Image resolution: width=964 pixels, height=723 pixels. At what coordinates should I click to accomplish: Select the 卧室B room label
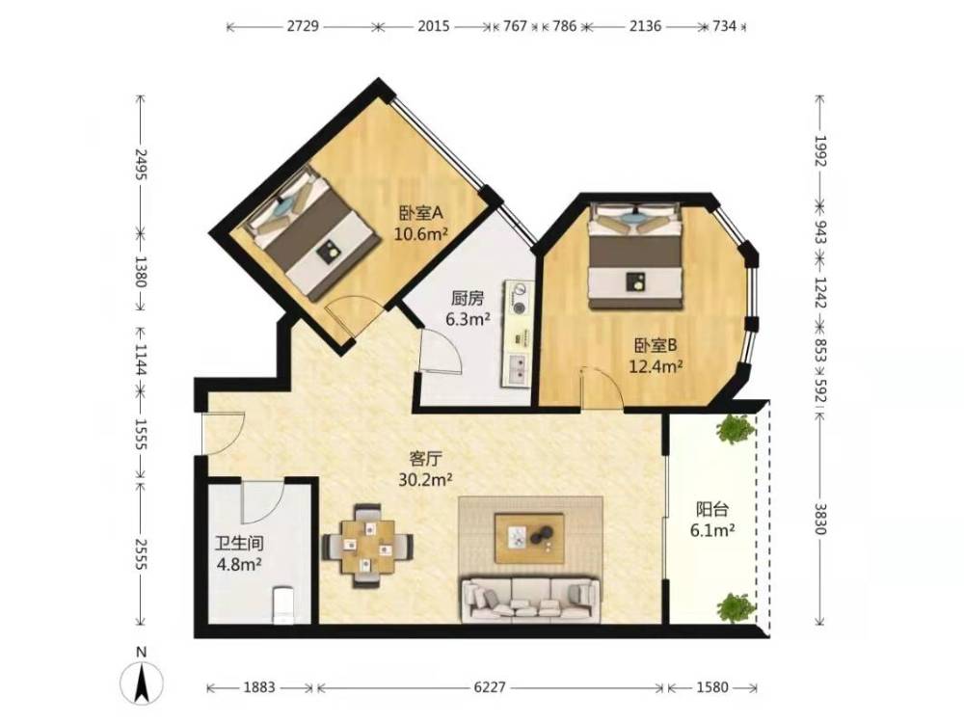(x=656, y=345)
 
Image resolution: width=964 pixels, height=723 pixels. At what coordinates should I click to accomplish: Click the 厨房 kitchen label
(x=468, y=299)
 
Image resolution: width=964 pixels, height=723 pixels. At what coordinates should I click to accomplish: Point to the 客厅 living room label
(x=426, y=459)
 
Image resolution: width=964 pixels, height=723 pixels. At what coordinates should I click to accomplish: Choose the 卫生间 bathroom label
(x=240, y=543)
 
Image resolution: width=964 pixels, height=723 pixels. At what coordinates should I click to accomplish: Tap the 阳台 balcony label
(x=712, y=509)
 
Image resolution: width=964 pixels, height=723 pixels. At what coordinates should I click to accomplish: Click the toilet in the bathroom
(x=283, y=605)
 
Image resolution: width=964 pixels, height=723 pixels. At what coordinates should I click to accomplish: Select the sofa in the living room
(x=530, y=598)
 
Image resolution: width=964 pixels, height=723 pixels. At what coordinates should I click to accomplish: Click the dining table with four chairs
(x=367, y=546)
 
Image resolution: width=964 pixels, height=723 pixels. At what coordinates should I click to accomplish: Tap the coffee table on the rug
(x=530, y=537)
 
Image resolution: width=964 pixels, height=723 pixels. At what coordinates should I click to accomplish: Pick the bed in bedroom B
(x=636, y=257)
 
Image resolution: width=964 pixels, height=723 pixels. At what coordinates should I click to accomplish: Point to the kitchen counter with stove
(x=519, y=334)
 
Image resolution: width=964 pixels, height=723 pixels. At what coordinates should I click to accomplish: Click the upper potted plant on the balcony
(x=736, y=429)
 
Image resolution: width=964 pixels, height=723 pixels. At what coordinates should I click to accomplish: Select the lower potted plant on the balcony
(x=736, y=606)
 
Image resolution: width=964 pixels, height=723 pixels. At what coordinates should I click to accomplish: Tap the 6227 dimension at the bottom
(x=490, y=686)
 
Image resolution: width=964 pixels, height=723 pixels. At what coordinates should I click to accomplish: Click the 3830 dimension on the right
(x=819, y=519)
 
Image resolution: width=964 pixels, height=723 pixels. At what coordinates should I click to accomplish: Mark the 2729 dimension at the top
(x=303, y=26)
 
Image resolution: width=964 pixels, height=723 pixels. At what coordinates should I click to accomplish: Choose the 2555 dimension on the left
(x=141, y=554)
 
